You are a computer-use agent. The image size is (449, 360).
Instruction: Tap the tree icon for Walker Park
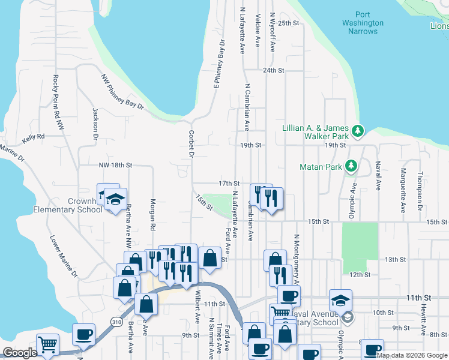(358, 130)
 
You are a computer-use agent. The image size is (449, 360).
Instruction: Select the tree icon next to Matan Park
(351, 166)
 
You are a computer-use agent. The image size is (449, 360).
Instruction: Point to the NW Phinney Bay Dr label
(123, 92)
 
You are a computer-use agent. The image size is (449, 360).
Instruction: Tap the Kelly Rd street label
(34, 137)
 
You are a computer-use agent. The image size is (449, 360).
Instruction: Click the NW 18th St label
(115, 164)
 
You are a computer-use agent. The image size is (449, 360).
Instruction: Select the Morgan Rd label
(153, 215)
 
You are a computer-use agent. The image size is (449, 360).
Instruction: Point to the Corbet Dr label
(191, 144)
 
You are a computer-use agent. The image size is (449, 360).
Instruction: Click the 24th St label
(273, 70)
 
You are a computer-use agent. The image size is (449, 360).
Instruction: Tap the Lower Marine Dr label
(64, 255)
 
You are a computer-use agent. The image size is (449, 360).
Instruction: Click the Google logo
(20, 353)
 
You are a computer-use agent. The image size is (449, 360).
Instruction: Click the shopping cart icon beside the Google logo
(47, 345)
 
